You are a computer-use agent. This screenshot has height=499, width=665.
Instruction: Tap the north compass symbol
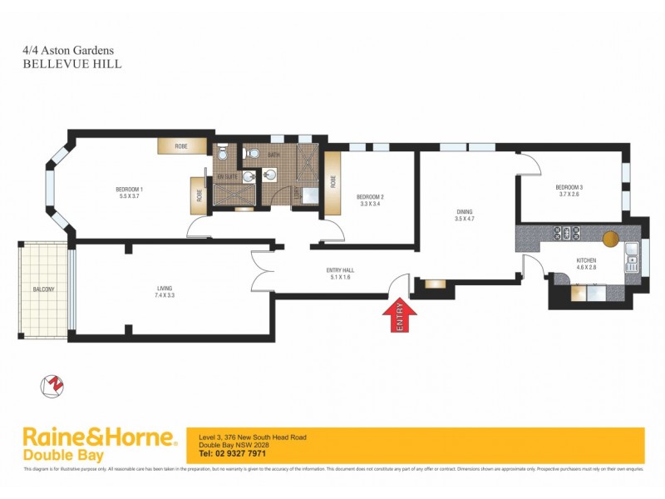(53, 386)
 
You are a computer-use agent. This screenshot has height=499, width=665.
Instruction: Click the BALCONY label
(44, 289)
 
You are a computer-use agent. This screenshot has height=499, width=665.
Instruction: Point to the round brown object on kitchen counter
(611, 238)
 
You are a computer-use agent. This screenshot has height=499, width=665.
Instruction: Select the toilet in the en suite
(222, 154)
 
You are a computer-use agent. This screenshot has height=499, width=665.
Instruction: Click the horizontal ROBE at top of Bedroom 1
(181, 146)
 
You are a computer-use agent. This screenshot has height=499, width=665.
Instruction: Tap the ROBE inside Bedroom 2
(333, 180)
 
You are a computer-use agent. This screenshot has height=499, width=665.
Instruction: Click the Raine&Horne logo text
(98, 438)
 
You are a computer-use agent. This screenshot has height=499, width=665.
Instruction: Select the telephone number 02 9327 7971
(233, 454)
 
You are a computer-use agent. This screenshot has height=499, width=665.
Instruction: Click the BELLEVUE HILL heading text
(72, 62)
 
